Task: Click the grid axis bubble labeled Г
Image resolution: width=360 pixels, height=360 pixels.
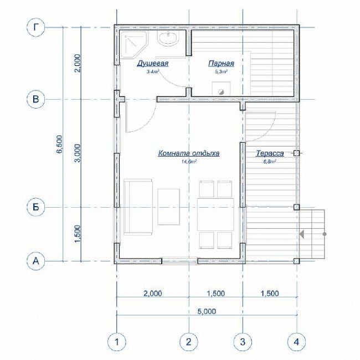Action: pyautogui.click(x=35, y=28)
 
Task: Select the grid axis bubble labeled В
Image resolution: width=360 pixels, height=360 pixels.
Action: pyautogui.click(x=35, y=99)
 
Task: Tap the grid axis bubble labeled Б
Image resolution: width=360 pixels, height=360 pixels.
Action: pyautogui.click(x=35, y=207)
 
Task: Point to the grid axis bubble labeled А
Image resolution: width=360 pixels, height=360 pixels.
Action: pyautogui.click(x=35, y=261)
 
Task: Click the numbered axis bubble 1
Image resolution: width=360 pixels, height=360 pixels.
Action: pyautogui.click(x=117, y=342)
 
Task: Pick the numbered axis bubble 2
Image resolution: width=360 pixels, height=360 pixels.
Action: pyautogui.click(x=189, y=342)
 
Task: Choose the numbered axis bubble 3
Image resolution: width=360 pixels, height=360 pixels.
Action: pyautogui.click(x=243, y=342)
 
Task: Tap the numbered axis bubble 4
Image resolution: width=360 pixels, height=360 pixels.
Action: pyautogui.click(x=297, y=342)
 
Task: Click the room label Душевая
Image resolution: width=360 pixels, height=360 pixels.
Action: pyautogui.click(x=153, y=64)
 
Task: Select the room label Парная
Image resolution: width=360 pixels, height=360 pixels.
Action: pyautogui.click(x=221, y=64)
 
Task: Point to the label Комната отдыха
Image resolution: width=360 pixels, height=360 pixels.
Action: pyautogui.click(x=189, y=153)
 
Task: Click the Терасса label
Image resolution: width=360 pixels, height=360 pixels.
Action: pyautogui.click(x=270, y=153)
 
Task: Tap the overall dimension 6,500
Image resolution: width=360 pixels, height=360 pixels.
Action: pyautogui.click(x=60, y=144)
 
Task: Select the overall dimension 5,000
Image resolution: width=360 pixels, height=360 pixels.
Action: pyautogui.click(x=207, y=311)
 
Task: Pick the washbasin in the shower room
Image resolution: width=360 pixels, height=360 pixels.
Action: pyautogui.click(x=168, y=39)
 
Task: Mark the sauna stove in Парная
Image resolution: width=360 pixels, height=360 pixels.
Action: pyautogui.click(x=221, y=89)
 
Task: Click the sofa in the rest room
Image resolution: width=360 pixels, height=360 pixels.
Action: pyautogui.click(x=138, y=207)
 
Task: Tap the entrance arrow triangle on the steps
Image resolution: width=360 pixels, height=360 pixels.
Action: pyautogui.click(x=302, y=234)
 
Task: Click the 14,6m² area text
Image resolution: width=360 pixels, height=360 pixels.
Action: pyautogui.click(x=189, y=162)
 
